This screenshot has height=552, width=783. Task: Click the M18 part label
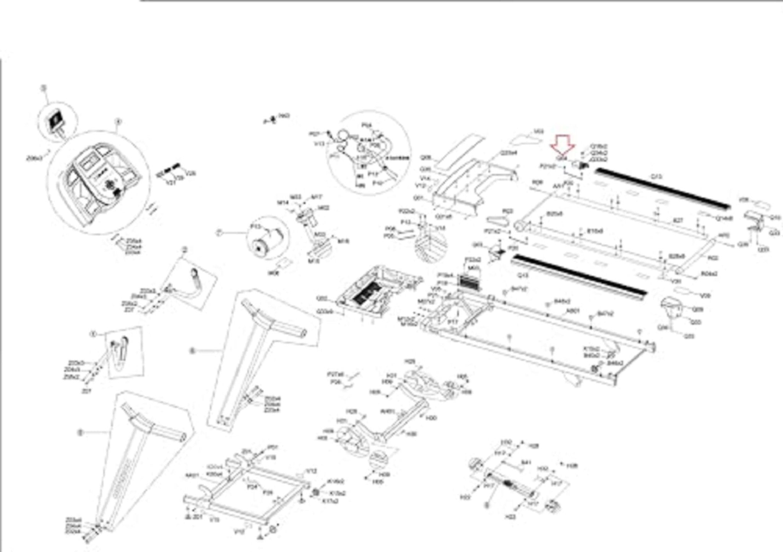tap(343, 241)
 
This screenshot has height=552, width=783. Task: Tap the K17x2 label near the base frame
tap(328, 501)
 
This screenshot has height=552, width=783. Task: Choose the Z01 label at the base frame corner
tap(197, 517)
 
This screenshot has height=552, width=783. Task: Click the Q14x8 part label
tap(725, 219)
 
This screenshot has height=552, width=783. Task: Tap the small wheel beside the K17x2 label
tap(316, 492)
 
